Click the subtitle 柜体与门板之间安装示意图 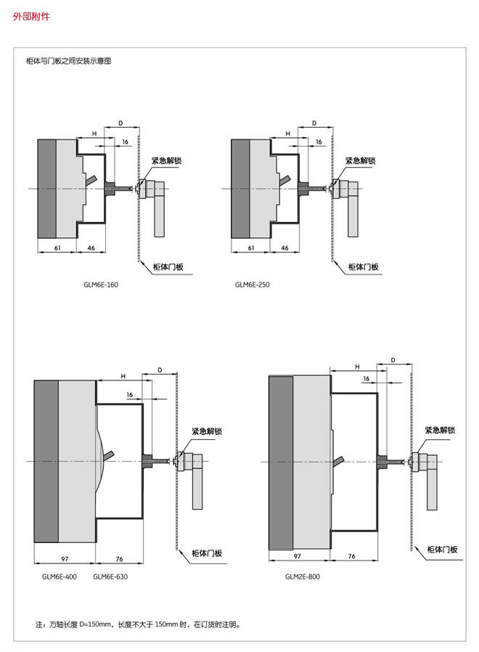(x=68, y=62)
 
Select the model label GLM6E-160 (x=101, y=285)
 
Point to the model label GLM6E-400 (x=59, y=576)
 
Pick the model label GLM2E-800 (x=302, y=576)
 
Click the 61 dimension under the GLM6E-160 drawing (x=57, y=248)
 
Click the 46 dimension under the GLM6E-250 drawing (x=284, y=248)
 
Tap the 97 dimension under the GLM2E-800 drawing (x=297, y=555)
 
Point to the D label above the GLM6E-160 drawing (x=120, y=123)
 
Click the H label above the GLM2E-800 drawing (x=357, y=367)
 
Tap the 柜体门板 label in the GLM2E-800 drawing (x=443, y=550)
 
